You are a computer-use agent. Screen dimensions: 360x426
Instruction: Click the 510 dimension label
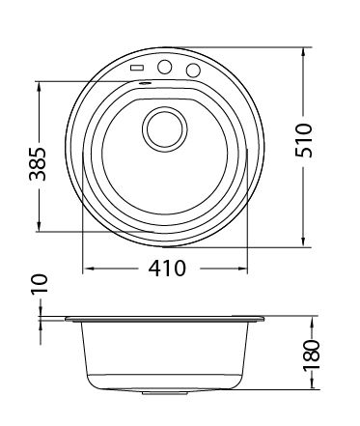click(x=304, y=140)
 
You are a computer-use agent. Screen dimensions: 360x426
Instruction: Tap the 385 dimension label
click(x=38, y=163)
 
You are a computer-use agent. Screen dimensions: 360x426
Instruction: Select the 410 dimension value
click(x=167, y=268)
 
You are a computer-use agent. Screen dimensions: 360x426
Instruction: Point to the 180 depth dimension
click(x=312, y=355)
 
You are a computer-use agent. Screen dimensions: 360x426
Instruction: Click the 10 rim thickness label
click(x=40, y=284)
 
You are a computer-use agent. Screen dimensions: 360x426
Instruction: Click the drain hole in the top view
click(x=164, y=128)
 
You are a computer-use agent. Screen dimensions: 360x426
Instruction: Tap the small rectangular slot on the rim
click(x=137, y=68)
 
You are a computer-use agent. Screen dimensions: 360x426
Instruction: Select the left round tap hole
click(x=164, y=67)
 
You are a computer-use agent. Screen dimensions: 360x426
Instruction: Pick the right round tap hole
click(x=193, y=70)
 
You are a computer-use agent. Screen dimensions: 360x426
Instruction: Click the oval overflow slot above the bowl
click(x=145, y=83)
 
